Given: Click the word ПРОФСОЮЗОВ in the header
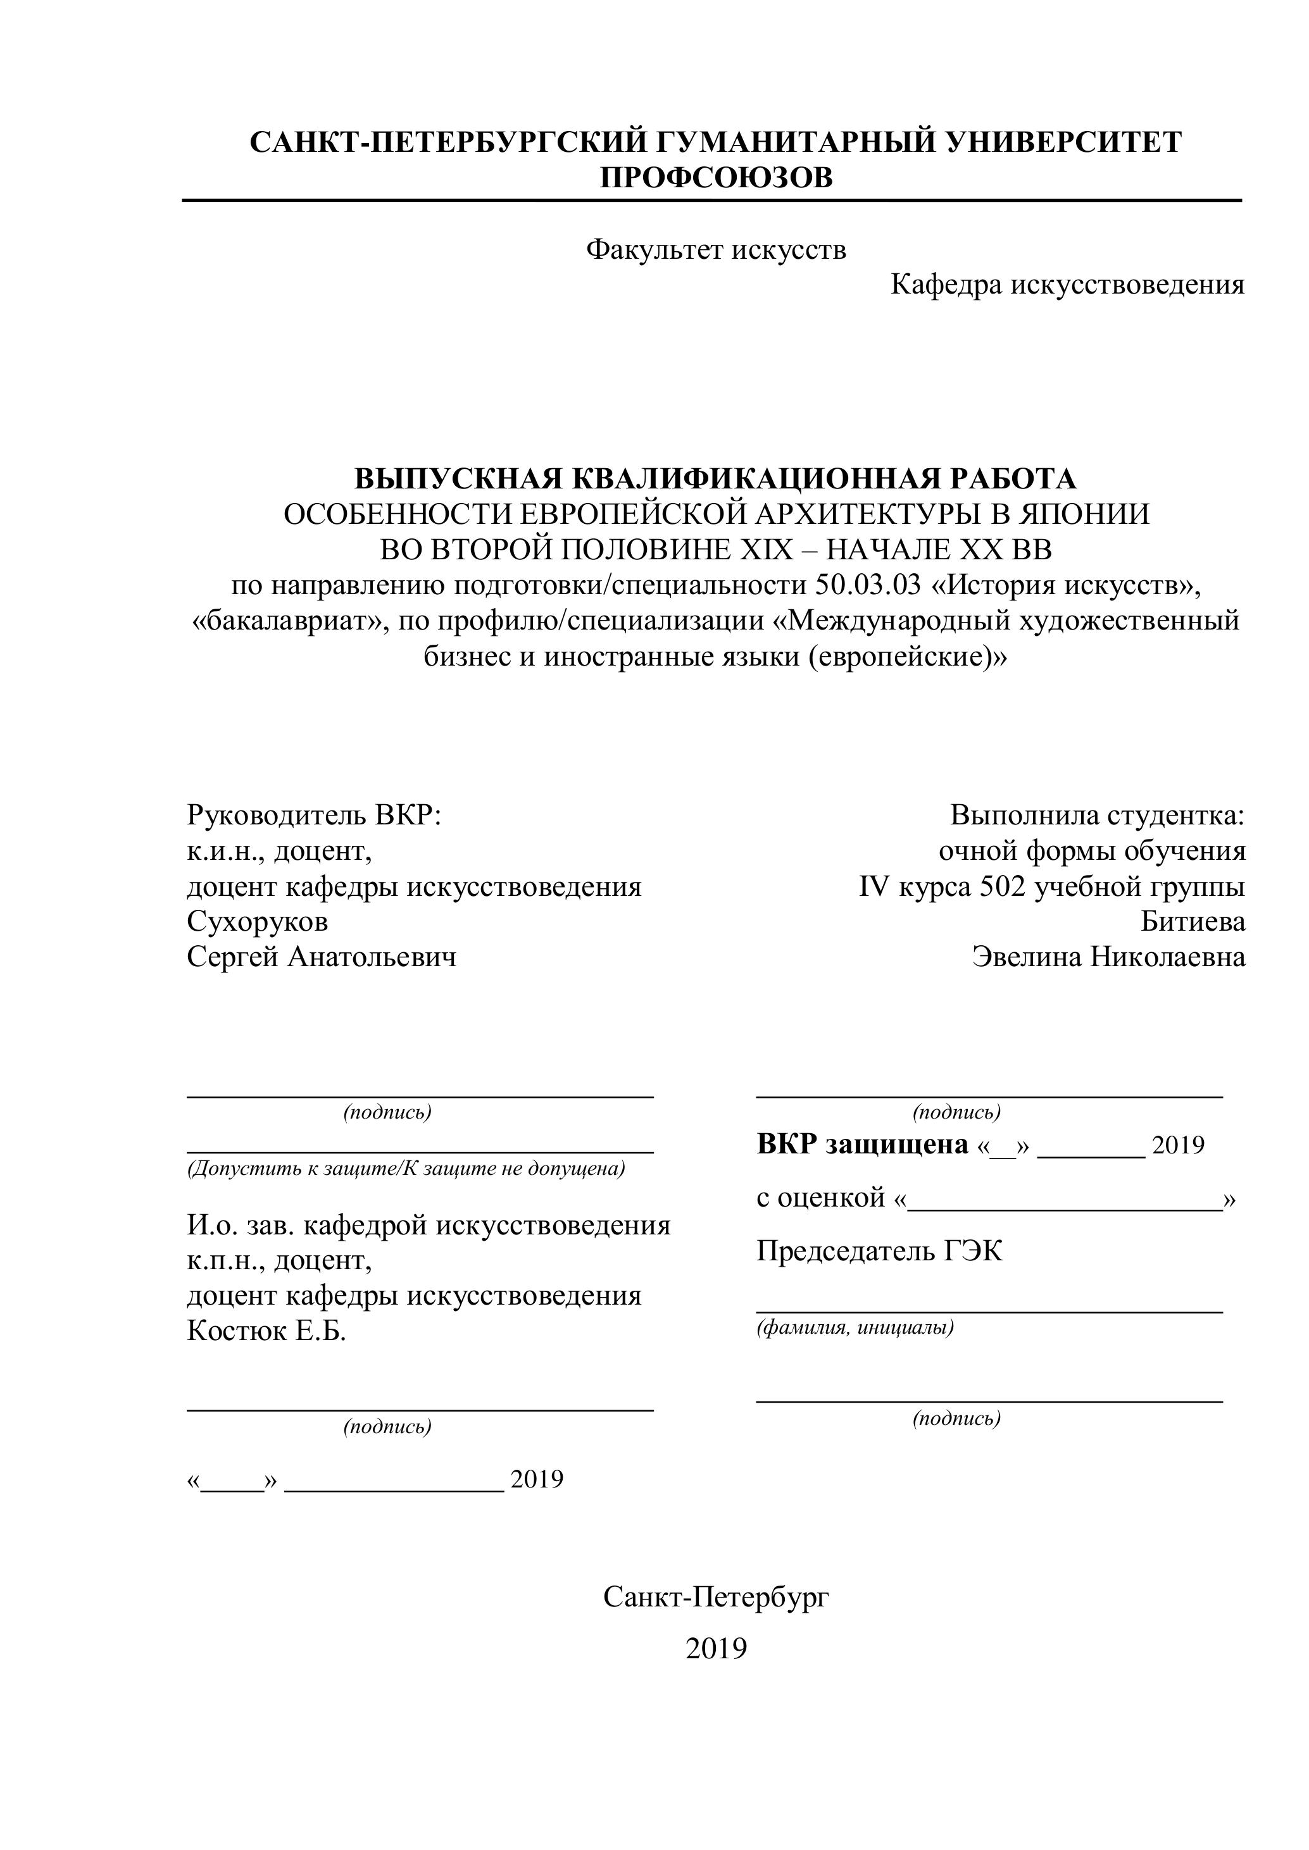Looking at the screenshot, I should point(716,177).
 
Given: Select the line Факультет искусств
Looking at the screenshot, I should point(716,250).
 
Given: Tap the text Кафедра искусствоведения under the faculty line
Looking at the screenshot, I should point(1067,285).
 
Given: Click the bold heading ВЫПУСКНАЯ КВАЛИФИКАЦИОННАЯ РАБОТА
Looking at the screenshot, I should point(716,478).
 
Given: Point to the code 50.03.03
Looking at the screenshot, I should point(867,585).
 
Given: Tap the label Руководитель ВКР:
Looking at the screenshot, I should point(315,816).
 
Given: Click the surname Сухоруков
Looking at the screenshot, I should point(257,921).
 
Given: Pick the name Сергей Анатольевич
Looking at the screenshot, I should point(322,957).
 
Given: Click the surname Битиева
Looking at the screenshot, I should point(1193,921).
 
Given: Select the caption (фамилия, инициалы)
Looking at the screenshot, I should point(855,1327).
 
